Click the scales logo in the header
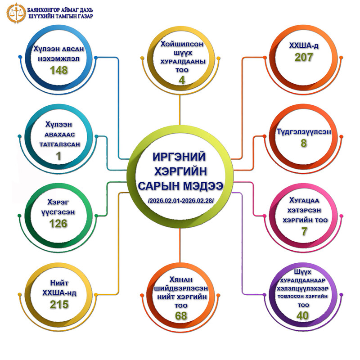tap(14, 13)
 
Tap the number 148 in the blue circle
tap(59, 70)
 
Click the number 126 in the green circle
tap(59, 223)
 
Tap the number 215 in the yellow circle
tap(59, 305)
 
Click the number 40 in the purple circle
tap(302, 315)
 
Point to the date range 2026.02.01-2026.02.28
tap(180, 200)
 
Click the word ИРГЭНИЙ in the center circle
tap(180, 157)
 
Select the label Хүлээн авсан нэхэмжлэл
tap(59, 54)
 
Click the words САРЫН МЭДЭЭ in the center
tap(180, 186)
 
